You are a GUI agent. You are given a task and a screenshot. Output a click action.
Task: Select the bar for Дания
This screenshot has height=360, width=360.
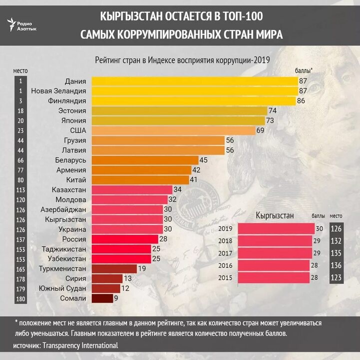[x=195, y=81]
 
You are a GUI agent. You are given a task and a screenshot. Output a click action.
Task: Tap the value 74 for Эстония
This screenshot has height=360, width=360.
[x=273, y=110]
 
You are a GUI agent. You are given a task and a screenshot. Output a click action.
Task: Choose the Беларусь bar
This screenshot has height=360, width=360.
[x=144, y=160]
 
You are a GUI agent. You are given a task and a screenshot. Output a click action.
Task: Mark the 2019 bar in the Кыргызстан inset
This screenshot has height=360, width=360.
[x=276, y=229]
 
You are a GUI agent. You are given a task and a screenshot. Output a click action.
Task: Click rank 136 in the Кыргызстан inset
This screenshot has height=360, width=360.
[x=337, y=265]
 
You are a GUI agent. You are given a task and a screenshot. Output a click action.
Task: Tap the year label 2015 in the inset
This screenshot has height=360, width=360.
[x=226, y=277]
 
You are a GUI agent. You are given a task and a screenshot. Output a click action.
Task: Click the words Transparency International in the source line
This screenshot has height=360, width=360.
[x=80, y=345]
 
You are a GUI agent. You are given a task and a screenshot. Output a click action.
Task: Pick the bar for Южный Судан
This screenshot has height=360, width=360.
[x=106, y=288]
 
